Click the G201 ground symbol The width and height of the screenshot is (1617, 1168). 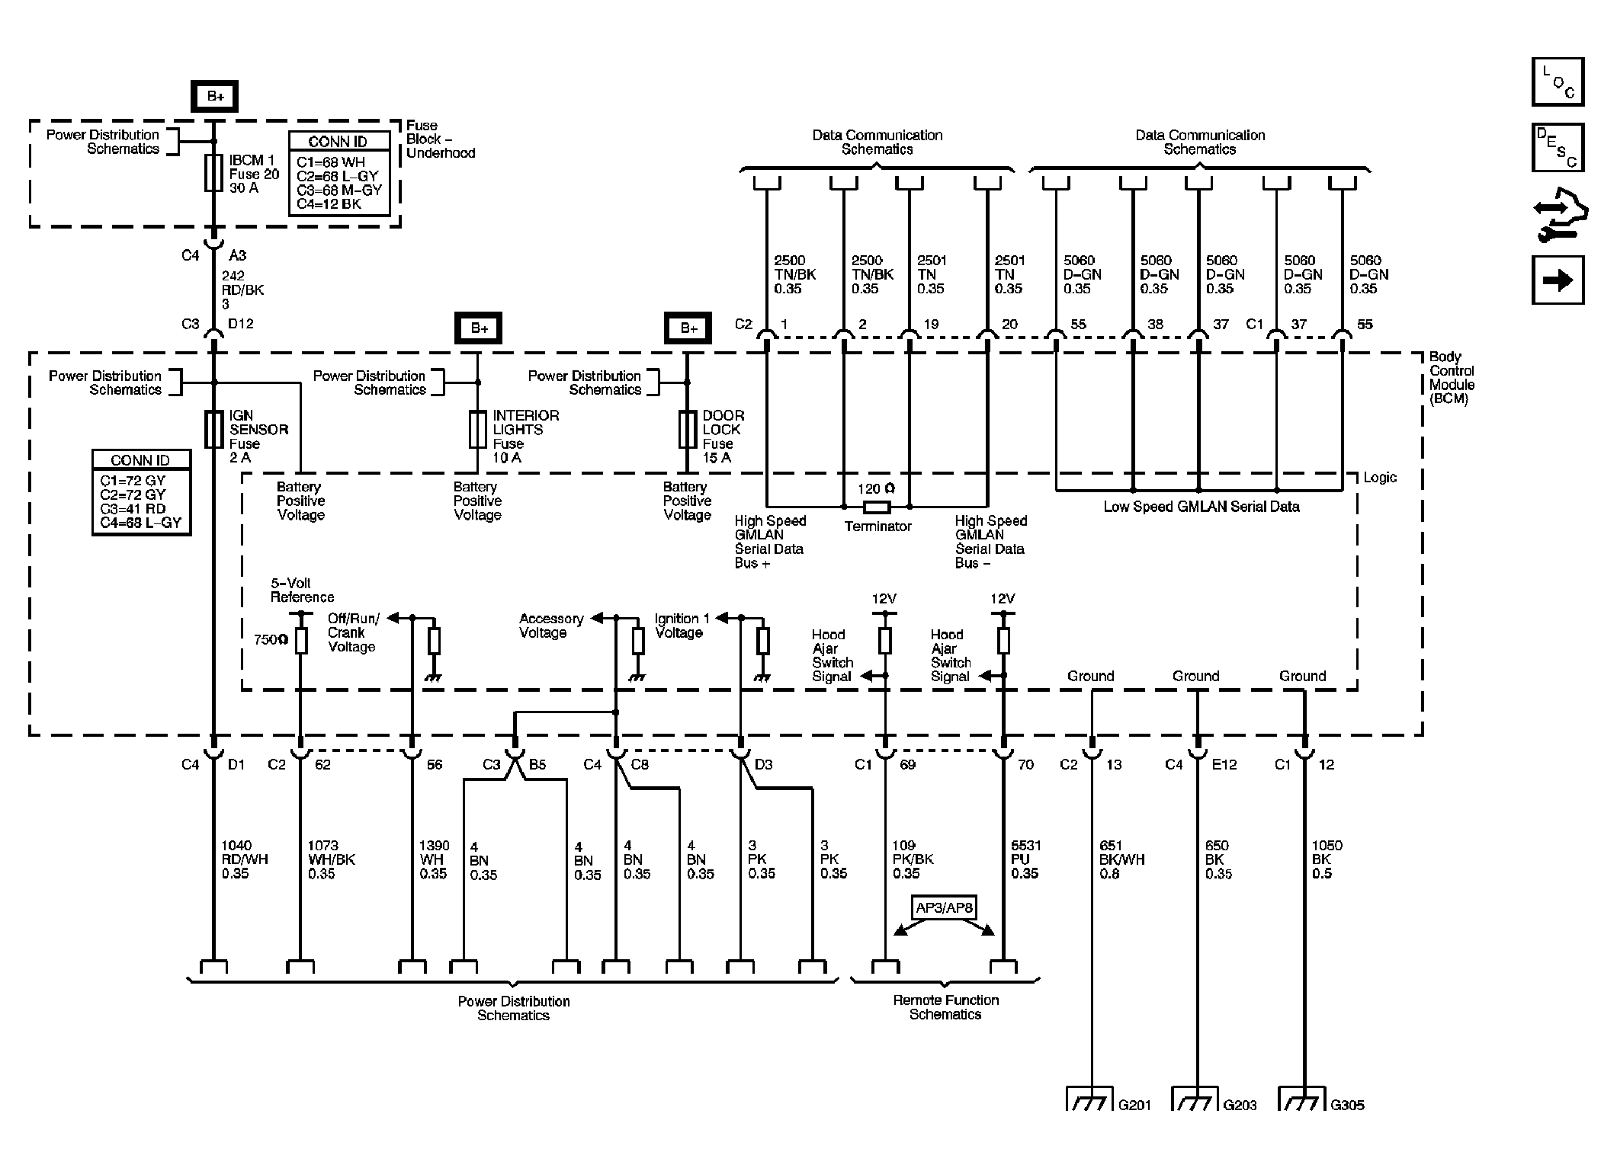(1089, 1101)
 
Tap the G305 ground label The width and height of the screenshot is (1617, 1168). (1347, 1105)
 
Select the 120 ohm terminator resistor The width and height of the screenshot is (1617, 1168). (876, 507)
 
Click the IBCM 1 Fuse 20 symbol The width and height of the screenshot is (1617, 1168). (214, 174)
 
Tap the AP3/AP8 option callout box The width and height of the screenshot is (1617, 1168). (944, 908)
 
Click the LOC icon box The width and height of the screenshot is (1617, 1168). (1558, 82)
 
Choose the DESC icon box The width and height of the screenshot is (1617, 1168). (1558, 148)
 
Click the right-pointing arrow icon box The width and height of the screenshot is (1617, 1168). (1558, 280)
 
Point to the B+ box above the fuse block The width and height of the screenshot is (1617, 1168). (215, 97)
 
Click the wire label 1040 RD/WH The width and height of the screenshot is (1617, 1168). (245, 859)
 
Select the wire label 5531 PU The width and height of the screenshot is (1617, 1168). (1025, 859)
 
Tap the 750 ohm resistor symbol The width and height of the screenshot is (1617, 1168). (301, 641)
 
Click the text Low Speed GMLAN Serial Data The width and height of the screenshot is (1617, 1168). (1201, 507)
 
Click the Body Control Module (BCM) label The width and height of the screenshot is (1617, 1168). (1451, 377)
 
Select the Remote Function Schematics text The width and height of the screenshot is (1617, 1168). (945, 1007)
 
